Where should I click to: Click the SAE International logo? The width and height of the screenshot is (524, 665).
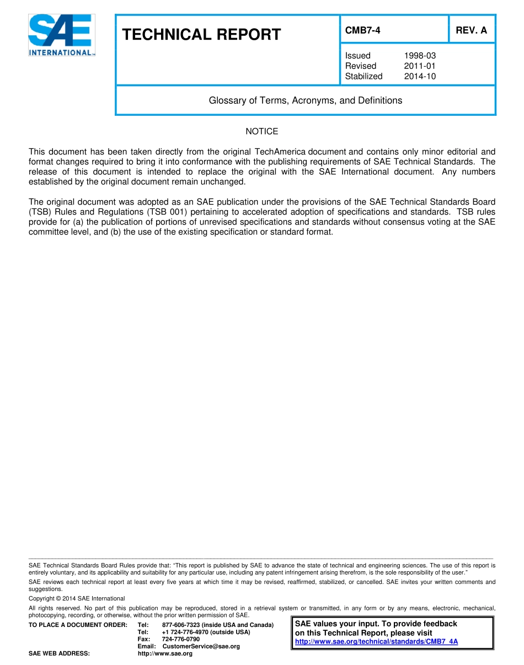tap(61, 35)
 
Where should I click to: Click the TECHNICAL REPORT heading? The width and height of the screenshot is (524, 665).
tap(201, 35)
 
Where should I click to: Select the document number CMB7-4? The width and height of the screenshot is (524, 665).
tap(362, 31)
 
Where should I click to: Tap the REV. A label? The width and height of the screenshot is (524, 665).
tap(471, 31)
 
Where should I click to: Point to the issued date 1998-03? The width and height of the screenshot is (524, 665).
tap(420, 56)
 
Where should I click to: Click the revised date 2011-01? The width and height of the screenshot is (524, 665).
tap(420, 66)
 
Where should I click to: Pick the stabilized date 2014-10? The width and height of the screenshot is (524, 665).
tap(420, 77)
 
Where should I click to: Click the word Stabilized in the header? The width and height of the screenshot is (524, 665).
tap(363, 77)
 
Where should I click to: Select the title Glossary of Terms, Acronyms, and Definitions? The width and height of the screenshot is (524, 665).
tap(305, 100)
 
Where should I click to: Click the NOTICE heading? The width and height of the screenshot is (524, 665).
tap(261, 131)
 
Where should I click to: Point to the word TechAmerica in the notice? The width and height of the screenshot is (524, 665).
tap(281, 152)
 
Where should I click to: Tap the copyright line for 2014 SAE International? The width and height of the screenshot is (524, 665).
tap(77, 598)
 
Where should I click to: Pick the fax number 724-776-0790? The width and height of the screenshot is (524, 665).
tap(181, 639)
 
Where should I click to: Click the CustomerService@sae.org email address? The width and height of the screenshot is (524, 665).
tap(201, 646)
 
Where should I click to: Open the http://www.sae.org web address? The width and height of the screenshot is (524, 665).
tap(165, 653)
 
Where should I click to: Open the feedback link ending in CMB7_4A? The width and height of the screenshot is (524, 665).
tap(376, 642)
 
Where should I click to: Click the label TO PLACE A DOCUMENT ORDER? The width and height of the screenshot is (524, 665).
tap(78, 625)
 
